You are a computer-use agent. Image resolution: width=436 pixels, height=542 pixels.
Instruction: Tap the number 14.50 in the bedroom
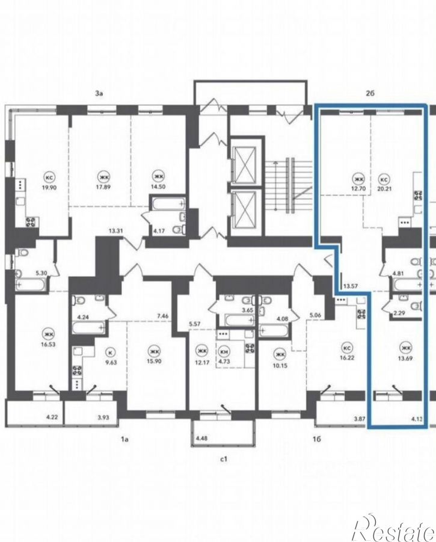pos(158,186)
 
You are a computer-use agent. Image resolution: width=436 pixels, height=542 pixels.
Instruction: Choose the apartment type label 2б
pos(370,93)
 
